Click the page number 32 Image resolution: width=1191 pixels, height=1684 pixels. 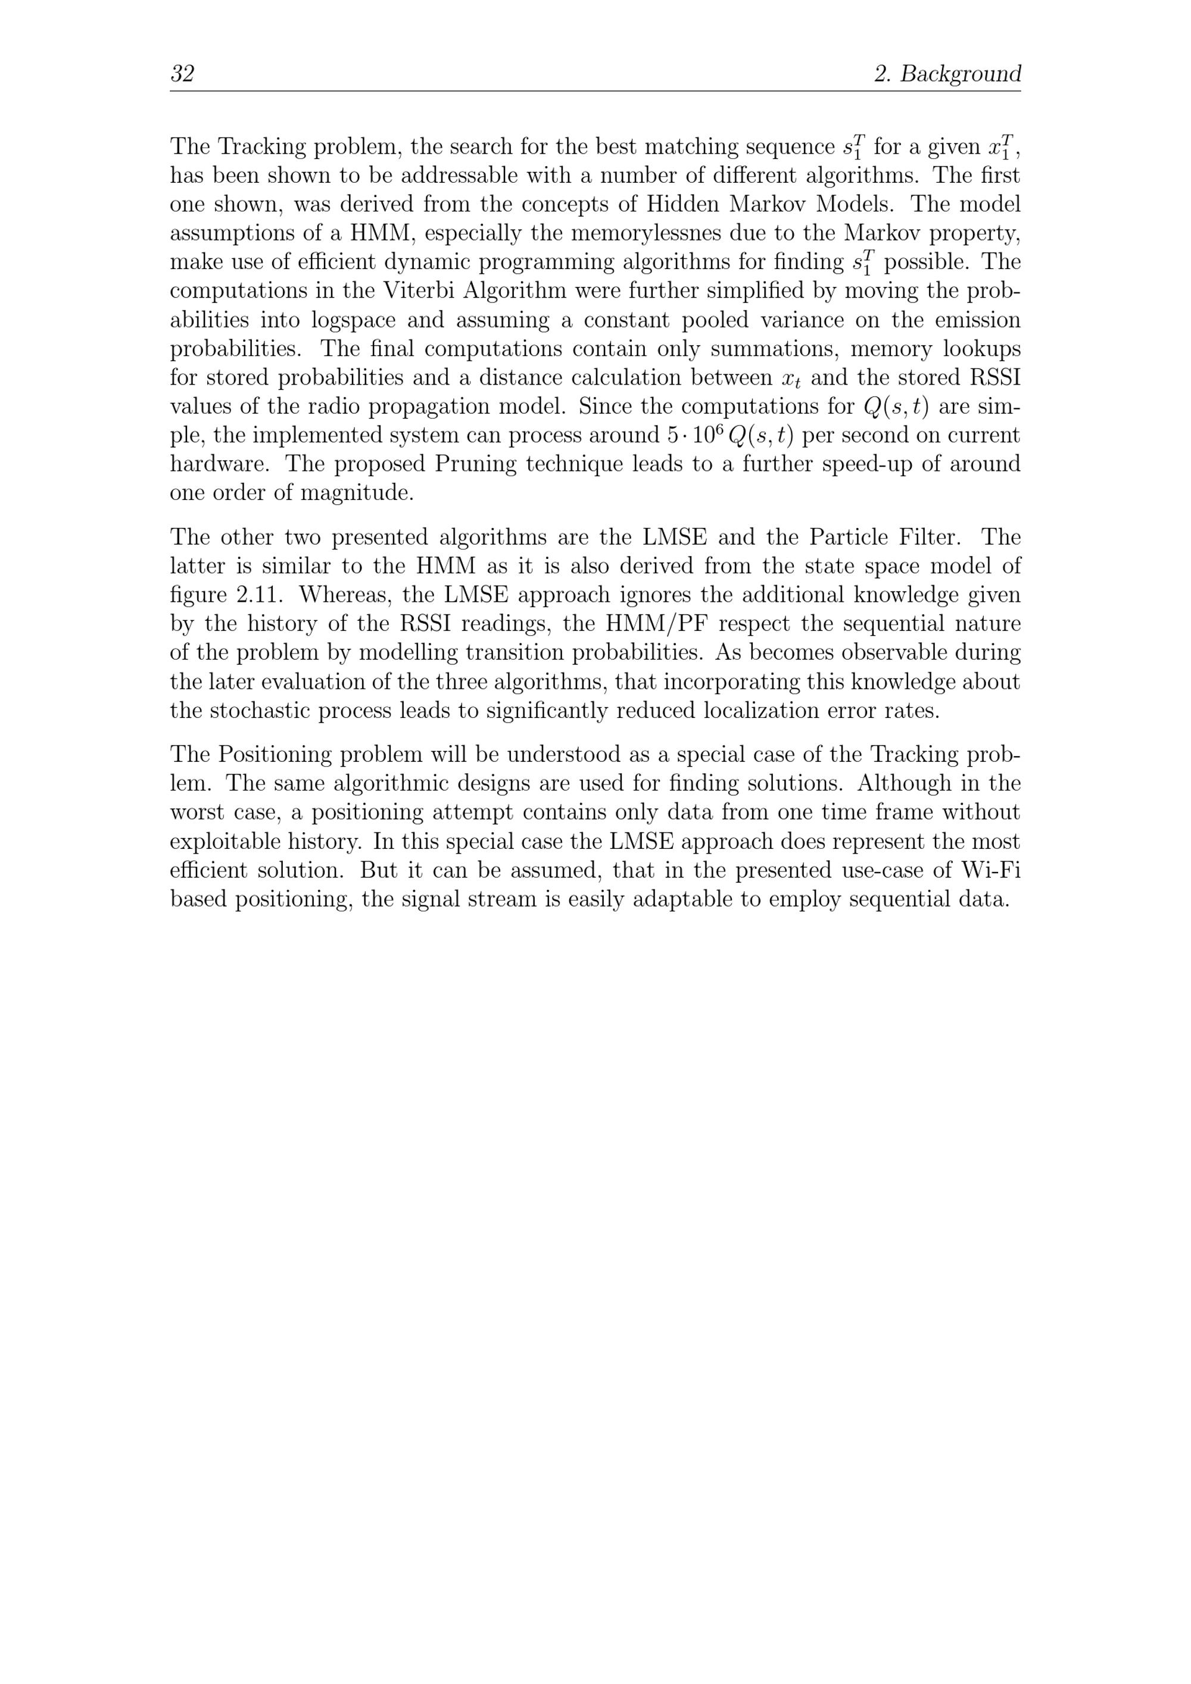[x=182, y=73]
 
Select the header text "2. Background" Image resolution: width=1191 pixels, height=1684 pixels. [x=947, y=73]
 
